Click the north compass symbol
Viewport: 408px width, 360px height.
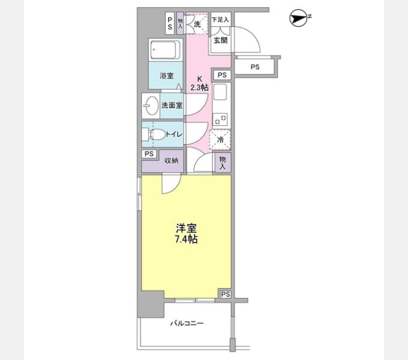point(299,18)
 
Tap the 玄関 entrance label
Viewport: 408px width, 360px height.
point(221,40)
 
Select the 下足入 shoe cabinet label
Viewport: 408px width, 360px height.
point(220,20)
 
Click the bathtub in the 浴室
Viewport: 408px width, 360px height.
point(165,50)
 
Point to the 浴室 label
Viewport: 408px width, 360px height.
point(167,76)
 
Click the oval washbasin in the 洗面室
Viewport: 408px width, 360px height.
point(151,106)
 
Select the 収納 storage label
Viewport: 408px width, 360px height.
point(171,161)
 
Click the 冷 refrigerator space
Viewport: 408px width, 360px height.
point(220,140)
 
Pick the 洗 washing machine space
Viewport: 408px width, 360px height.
point(197,23)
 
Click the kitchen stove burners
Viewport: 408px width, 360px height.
point(220,119)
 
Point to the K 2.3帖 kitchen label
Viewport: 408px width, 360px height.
point(199,83)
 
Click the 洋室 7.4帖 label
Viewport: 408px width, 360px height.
point(186,233)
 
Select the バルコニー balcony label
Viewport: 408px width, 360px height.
point(187,323)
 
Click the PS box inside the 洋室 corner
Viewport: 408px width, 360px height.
point(226,294)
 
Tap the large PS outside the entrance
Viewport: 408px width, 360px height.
point(255,67)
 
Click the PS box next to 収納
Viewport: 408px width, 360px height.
point(149,154)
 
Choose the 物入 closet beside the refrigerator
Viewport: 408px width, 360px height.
point(223,163)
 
